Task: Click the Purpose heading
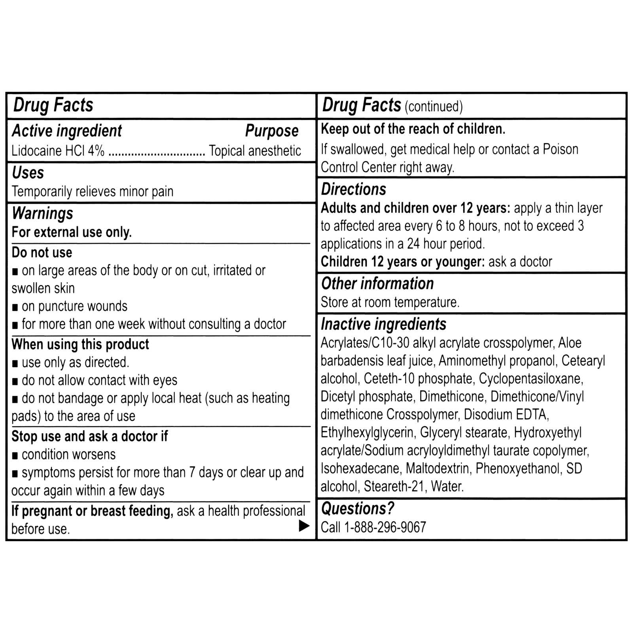(272, 131)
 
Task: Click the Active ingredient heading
(67, 131)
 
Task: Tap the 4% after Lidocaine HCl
(96, 151)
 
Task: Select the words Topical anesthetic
(255, 151)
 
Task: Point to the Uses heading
(28, 173)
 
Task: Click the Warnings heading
(42, 214)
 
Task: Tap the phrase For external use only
(72, 232)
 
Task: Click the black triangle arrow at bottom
(304, 526)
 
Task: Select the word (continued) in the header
(434, 106)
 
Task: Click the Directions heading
(353, 190)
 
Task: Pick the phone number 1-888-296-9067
(385, 527)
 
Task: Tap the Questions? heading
(358, 509)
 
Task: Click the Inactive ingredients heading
(383, 324)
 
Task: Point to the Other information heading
(377, 284)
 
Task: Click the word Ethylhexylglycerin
(367, 432)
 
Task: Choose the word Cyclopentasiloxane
(531, 379)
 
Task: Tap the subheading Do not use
(42, 252)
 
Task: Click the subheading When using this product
(80, 344)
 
